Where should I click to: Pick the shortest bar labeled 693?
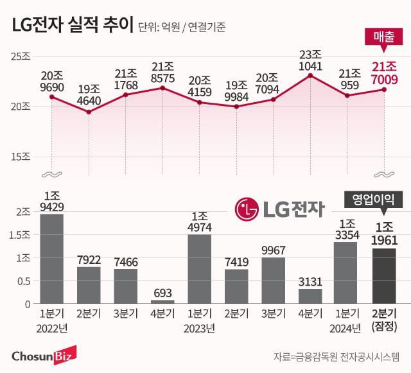[x=162, y=301]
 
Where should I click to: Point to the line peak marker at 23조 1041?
[x=310, y=76]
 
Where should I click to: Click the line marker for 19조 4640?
[x=89, y=112]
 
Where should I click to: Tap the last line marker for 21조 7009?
[x=384, y=89]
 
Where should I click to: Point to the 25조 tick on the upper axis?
[x=21, y=56]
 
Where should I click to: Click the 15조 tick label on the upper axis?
[x=21, y=157]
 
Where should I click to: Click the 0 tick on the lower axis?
[x=27, y=304]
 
